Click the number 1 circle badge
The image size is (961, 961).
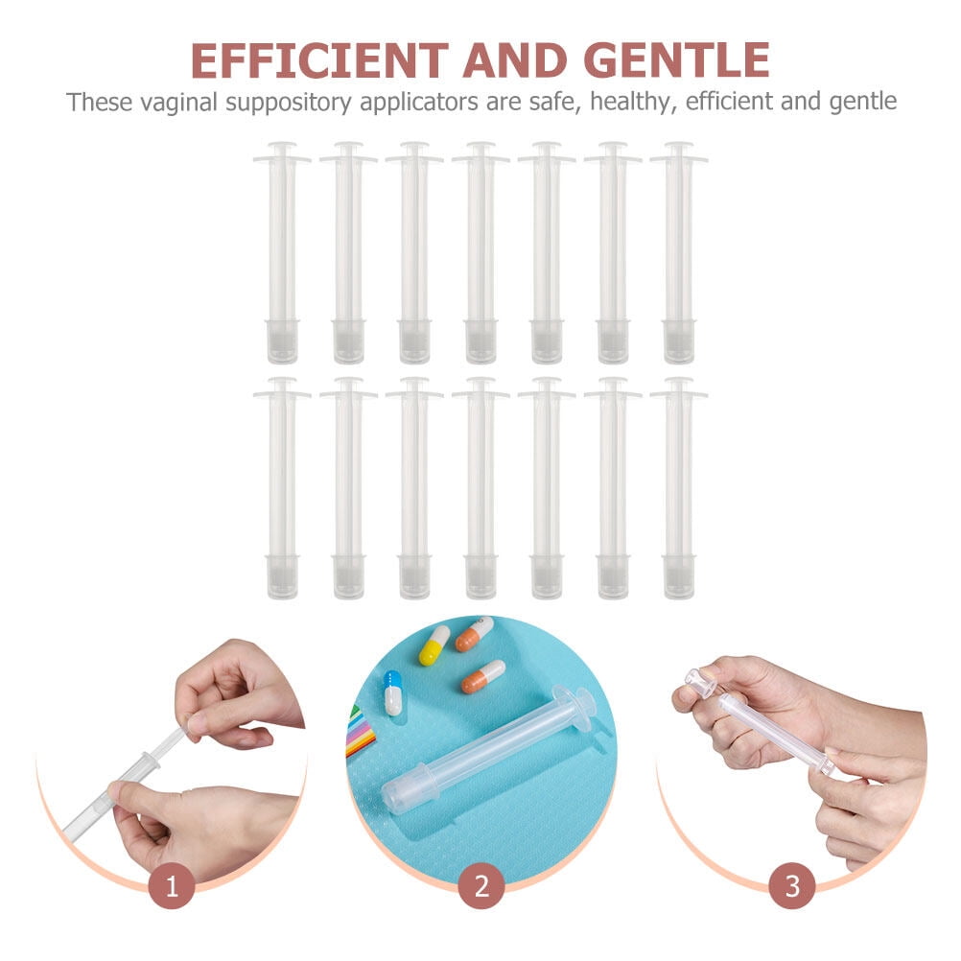tap(173, 887)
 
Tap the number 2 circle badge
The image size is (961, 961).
tap(480, 887)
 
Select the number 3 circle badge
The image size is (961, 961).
tap(792, 887)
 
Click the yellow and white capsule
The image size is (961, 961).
tap(434, 645)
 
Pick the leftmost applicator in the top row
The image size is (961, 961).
tap(282, 254)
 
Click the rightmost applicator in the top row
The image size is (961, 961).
tap(678, 254)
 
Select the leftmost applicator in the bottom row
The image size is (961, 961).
tap(282, 489)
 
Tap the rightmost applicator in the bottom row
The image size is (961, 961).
tap(678, 489)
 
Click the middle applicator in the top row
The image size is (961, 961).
tap(480, 254)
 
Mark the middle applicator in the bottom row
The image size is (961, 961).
tap(480, 489)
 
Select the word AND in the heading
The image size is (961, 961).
tap(516, 60)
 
